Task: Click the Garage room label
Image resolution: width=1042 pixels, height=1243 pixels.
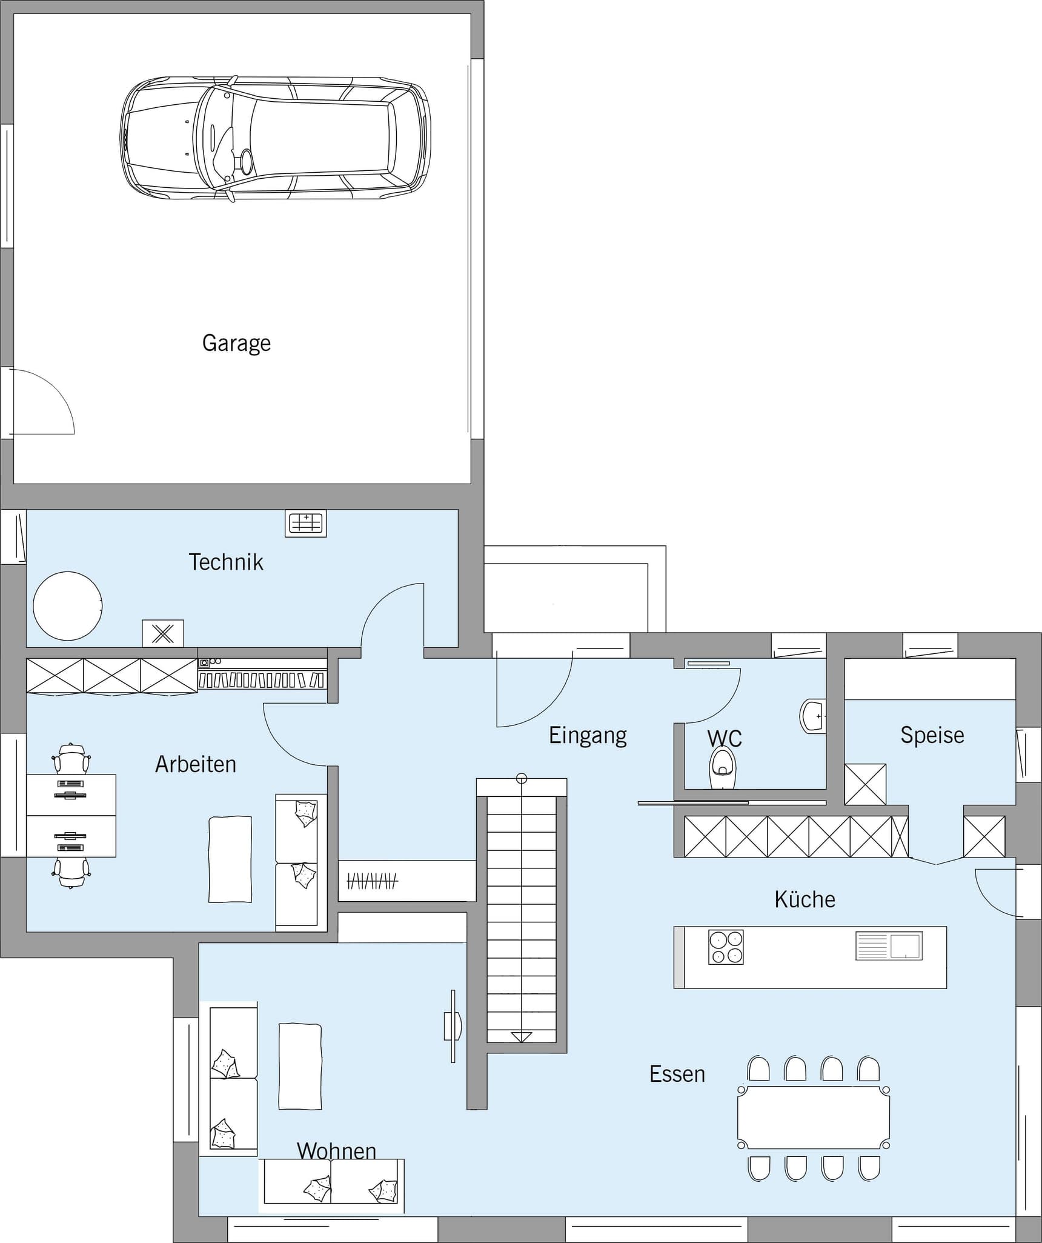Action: [236, 343]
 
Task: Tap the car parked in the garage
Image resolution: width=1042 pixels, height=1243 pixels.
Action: [276, 139]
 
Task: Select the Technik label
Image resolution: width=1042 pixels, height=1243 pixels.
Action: [226, 562]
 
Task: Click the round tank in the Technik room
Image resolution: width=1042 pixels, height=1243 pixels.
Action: [67, 605]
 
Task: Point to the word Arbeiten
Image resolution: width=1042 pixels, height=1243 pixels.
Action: [196, 764]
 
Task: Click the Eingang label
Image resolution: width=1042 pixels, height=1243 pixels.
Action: [588, 735]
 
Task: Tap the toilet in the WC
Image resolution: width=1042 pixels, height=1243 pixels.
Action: [722, 768]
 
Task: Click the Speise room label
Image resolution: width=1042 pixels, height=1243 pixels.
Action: [932, 735]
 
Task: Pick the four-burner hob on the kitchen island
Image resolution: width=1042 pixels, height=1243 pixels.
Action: [726, 947]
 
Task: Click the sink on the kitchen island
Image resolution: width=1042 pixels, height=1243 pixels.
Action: [889, 946]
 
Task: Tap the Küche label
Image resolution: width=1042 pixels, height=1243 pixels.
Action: [805, 899]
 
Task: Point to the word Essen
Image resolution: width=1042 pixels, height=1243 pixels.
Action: [677, 1074]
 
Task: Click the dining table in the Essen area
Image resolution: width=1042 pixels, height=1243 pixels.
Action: [814, 1117]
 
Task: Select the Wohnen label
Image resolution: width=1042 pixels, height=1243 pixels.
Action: [337, 1151]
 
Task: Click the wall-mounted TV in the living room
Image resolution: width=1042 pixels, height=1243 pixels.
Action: [453, 1026]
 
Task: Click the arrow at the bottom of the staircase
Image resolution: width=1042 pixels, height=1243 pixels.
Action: [521, 1037]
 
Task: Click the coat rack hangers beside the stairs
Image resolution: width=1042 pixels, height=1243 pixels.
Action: [372, 881]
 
